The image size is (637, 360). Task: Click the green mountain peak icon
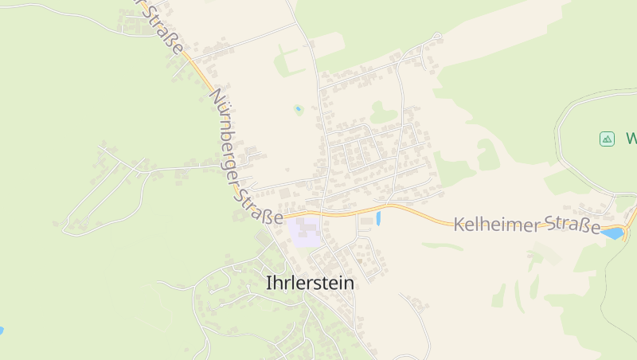coord(607,139)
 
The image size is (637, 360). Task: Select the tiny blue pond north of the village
coord(299,109)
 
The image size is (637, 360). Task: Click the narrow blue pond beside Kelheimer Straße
coord(379,216)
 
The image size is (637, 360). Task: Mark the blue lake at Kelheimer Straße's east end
coord(613,233)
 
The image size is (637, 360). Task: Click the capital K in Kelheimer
coord(459,225)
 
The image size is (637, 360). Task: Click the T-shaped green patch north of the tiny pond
coord(288,60)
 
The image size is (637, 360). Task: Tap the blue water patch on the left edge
coord(2,330)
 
